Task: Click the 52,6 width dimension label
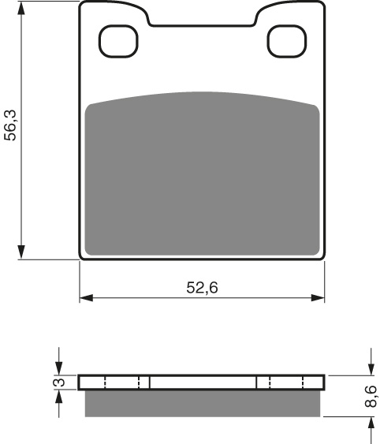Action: tap(202, 288)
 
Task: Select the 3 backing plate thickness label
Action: tap(57, 383)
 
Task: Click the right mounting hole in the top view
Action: tap(285, 42)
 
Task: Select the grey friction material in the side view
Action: tap(202, 403)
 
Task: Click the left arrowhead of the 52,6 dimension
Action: tap(87, 298)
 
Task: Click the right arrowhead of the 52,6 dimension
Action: tap(318, 298)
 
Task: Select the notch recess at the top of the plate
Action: tap(202, 16)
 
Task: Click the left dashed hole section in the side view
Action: tap(121, 382)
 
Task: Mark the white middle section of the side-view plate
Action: tap(203, 382)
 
